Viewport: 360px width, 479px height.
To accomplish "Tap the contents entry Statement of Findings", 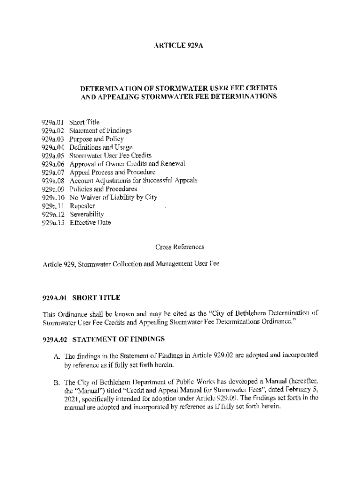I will [101, 131].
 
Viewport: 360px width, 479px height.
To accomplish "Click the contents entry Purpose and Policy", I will [96, 139].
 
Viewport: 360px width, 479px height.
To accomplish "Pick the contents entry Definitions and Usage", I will [101, 147].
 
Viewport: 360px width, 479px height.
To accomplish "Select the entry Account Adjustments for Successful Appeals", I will [134, 181].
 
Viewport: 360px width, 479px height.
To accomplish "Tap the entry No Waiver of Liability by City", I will [113, 197].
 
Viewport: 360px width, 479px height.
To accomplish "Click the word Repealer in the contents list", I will [82, 206].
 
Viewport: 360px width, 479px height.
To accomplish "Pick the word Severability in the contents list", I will [87, 214].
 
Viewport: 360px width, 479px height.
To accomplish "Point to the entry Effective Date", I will [90, 223].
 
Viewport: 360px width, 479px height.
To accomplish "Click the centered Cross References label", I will [180, 246].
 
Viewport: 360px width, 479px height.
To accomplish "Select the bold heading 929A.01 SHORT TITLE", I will [81, 298].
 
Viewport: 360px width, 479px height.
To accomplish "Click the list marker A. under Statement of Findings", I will [58, 355].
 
